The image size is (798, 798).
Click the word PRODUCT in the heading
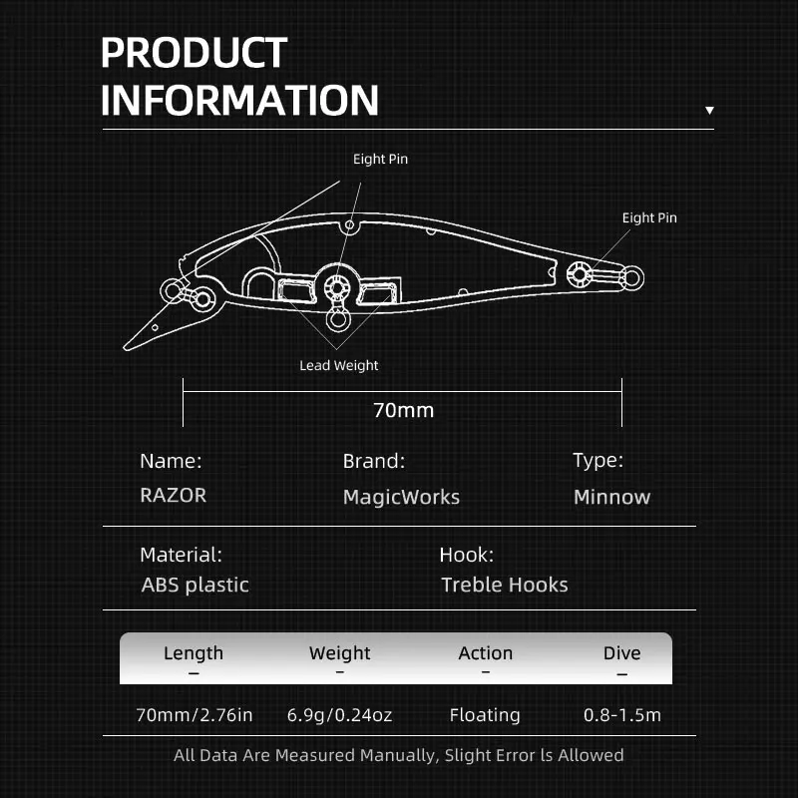point(195,53)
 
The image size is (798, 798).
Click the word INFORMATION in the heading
point(239,101)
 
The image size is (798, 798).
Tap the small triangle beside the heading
point(709,111)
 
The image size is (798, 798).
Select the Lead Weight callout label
point(339,366)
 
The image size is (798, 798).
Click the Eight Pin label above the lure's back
point(380,159)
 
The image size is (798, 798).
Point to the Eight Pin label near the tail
point(649,217)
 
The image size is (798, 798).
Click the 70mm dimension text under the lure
point(403,410)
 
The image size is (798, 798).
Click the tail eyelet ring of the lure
point(629,275)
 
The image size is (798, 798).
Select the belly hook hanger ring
point(338,321)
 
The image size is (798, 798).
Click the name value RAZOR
point(174,496)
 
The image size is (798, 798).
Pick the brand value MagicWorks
point(401,497)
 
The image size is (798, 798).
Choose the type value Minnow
point(611,497)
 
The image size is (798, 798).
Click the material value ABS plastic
point(196,585)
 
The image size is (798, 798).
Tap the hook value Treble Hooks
point(505,585)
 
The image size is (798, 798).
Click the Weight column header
point(339,653)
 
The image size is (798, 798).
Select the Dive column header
point(621,653)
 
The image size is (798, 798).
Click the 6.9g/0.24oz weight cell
point(339,715)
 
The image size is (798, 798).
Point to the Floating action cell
point(485,715)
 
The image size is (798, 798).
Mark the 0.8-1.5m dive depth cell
point(621,715)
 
